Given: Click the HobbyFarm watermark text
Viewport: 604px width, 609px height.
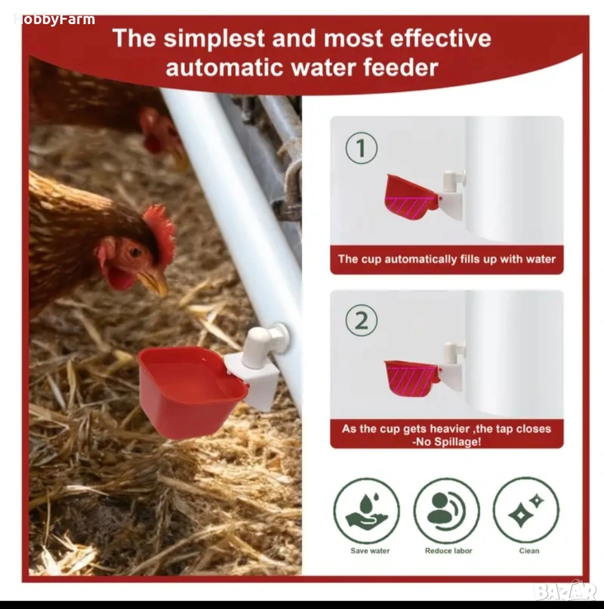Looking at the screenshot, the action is click(x=55, y=19).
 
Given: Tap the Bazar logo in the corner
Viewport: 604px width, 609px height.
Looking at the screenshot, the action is click(x=565, y=592).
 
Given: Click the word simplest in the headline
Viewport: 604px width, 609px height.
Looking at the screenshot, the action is click(x=214, y=39).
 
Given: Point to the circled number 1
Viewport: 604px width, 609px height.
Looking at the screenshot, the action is click(x=361, y=148).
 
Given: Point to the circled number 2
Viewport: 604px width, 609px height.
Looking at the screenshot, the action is click(x=361, y=320).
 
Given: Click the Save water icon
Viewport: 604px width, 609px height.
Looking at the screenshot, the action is click(x=366, y=510).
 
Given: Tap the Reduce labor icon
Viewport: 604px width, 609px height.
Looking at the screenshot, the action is click(x=446, y=510).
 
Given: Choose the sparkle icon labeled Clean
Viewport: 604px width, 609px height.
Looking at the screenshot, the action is click(x=526, y=510).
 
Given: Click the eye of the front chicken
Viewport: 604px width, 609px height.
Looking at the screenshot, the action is click(x=135, y=252).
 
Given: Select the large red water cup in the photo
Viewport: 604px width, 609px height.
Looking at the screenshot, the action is click(x=192, y=390).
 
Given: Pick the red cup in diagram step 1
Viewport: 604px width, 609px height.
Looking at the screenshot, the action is click(x=410, y=197).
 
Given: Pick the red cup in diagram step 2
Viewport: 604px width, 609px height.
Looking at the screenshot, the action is click(x=412, y=377).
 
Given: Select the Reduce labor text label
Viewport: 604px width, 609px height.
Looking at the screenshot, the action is click(x=449, y=551).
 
